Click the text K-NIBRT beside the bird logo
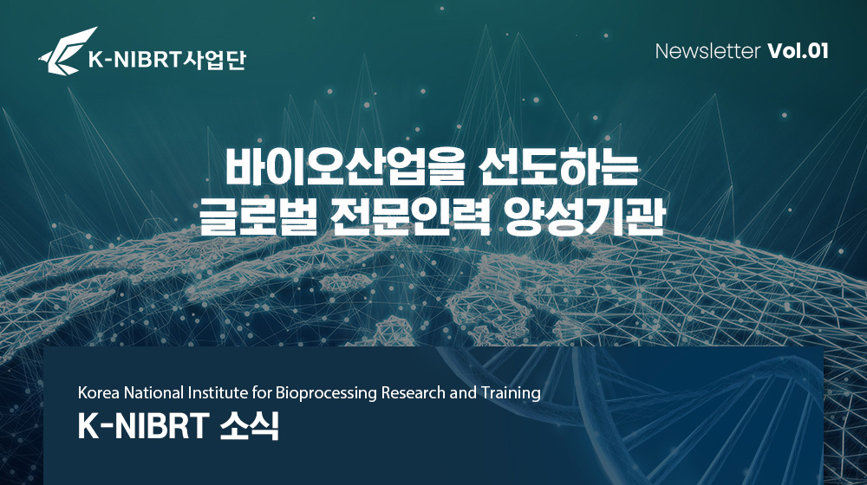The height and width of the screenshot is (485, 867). coord(135,60)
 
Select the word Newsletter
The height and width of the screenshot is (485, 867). coord(707,51)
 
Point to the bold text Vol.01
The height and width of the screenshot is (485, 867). coord(798,51)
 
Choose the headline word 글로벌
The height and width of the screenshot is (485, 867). coord(257,217)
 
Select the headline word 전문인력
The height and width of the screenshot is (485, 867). coord(411,217)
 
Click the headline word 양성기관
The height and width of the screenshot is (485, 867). coord(584,217)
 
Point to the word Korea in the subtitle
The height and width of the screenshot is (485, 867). coord(99,392)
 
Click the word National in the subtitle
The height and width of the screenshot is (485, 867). coord(153,392)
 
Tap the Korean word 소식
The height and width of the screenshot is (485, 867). coord(250,426)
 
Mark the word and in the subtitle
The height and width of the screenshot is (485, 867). coord(463,392)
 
